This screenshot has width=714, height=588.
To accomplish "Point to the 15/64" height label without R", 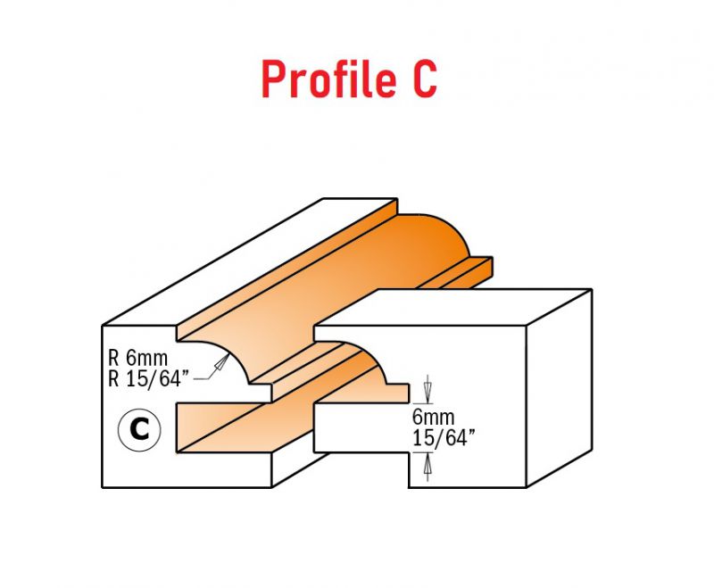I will point(444,438).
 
